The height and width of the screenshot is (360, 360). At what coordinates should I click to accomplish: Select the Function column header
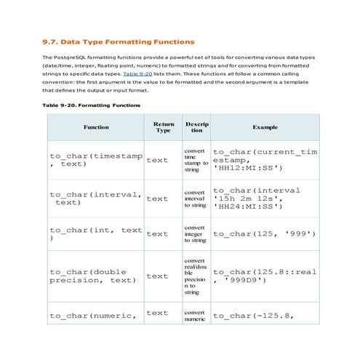[x=96, y=127]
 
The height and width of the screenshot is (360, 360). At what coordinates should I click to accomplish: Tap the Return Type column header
[x=163, y=127]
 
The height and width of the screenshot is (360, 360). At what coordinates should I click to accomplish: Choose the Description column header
[x=196, y=127]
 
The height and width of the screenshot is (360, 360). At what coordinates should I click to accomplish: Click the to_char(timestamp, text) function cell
[x=96, y=159]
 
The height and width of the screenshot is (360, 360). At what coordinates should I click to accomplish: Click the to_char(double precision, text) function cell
[x=92, y=276]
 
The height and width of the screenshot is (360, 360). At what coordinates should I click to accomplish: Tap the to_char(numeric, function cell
[x=93, y=315]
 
